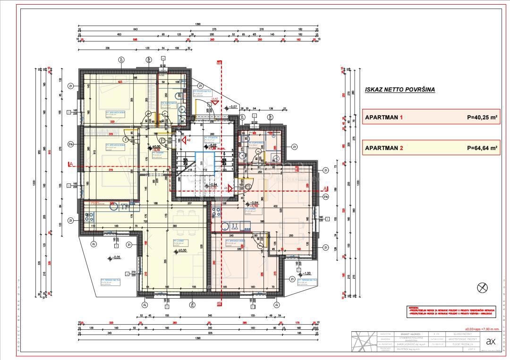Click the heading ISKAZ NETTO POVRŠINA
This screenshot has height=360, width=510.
pos(399,89)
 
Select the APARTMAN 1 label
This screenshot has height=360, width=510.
pos(383,117)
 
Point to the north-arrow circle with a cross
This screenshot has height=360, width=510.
pos(483,287)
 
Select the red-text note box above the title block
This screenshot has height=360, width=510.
pos(451,312)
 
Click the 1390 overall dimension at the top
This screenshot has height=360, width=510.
pos(198,24)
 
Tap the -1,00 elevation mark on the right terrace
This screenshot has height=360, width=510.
pos(306,273)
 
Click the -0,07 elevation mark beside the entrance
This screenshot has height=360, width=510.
pos(233,107)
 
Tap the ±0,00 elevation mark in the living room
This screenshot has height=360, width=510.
pos(180,251)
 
